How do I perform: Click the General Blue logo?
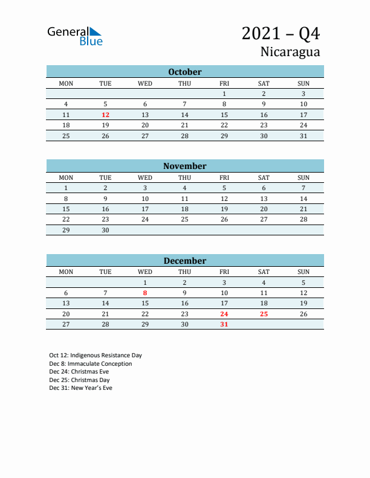(x=75, y=36)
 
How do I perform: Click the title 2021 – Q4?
(x=281, y=34)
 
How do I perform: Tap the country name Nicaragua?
(x=290, y=52)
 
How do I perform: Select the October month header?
(x=184, y=72)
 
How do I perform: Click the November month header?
(x=184, y=166)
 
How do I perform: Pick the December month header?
(x=184, y=261)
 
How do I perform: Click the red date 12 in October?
(x=105, y=115)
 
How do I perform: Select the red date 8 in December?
(x=145, y=293)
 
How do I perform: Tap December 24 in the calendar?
(x=224, y=314)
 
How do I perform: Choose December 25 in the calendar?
(x=264, y=314)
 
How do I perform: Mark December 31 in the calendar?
(x=224, y=324)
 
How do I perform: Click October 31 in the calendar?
(x=303, y=136)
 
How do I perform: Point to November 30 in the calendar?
(x=105, y=230)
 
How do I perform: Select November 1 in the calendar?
(x=66, y=188)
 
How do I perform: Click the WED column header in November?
(x=145, y=177)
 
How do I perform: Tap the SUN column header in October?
(x=303, y=83)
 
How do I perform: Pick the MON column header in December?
(x=66, y=272)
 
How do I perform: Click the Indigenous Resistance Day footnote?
(x=96, y=355)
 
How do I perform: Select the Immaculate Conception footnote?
(x=91, y=364)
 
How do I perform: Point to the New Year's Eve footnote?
(x=80, y=388)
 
